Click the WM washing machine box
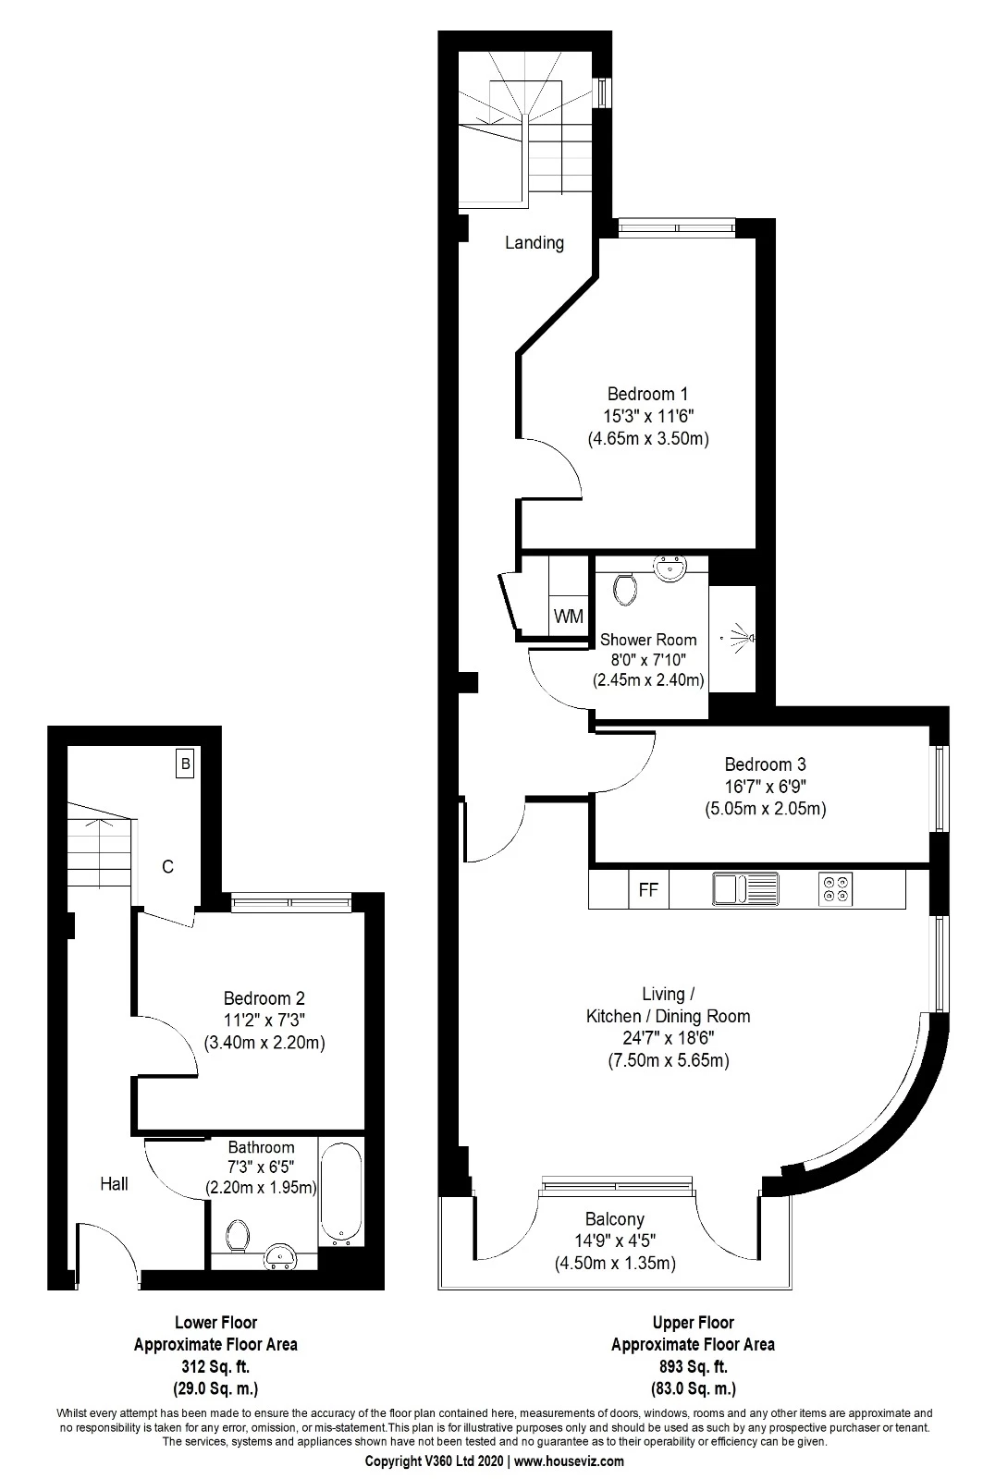coord(568,616)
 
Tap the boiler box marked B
coord(185,764)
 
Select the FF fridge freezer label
coord(648,890)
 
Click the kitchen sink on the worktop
coord(745,889)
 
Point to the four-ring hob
coord(835,888)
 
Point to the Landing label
coord(534,243)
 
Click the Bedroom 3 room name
coord(765,764)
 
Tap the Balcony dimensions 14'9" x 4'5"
coord(615,1241)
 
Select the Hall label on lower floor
coord(115,1184)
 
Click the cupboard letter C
coord(167,867)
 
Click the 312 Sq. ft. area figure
coord(215,1366)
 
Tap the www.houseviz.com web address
coord(568,1461)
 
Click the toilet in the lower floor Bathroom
coord(238,1236)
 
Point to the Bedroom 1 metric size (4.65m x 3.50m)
coord(648,438)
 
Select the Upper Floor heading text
coord(693,1323)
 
